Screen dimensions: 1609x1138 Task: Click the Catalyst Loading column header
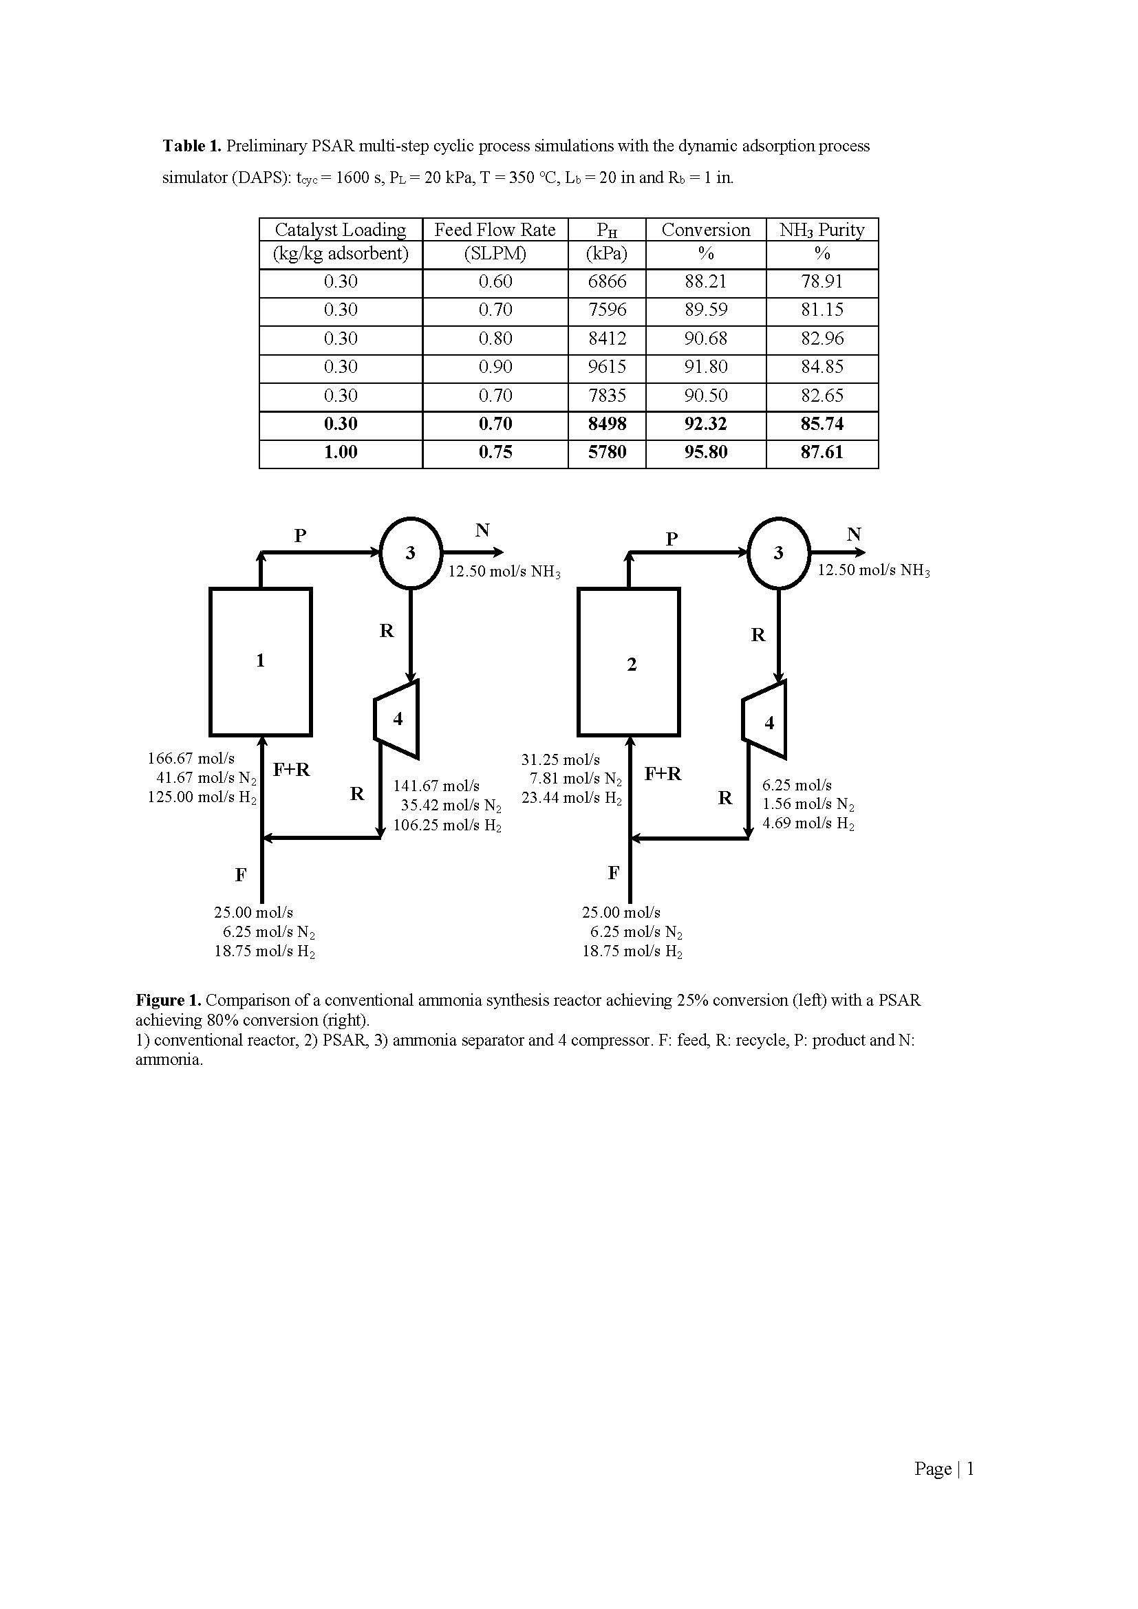pyautogui.click(x=340, y=230)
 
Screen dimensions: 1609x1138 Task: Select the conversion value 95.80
pyautogui.click(x=706, y=452)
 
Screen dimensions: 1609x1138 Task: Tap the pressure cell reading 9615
pyautogui.click(x=607, y=367)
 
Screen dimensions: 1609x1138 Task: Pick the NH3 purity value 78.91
pyautogui.click(x=822, y=282)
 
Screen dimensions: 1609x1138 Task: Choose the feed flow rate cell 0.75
pyautogui.click(x=495, y=452)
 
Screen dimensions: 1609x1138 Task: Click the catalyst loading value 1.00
pyautogui.click(x=341, y=452)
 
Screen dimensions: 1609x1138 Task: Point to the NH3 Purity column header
pyautogui.click(x=822, y=230)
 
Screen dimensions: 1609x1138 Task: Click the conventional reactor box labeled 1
pyautogui.click(x=261, y=661)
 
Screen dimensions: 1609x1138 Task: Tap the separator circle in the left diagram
pyautogui.click(x=411, y=552)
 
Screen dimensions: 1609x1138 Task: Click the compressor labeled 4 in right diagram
pyautogui.click(x=764, y=720)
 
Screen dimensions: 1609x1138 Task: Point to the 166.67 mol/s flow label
pyautogui.click(x=191, y=758)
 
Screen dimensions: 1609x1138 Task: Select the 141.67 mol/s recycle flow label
pyautogui.click(x=436, y=786)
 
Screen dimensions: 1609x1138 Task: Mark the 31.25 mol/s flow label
pyautogui.click(x=560, y=759)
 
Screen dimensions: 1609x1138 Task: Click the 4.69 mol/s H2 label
pyautogui.click(x=808, y=823)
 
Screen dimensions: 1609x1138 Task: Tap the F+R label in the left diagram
pyautogui.click(x=292, y=770)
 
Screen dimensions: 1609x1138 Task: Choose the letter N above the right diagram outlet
pyautogui.click(x=853, y=534)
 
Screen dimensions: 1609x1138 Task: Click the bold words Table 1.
pyautogui.click(x=192, y=146)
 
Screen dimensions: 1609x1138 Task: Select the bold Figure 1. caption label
pyautogui.click(x=168, y=1000)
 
